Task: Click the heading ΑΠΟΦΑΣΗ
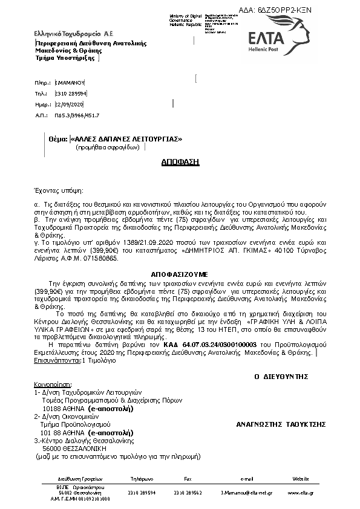180,163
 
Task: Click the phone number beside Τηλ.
71,94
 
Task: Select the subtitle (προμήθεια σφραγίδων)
108,147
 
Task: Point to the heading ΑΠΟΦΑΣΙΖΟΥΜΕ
180,274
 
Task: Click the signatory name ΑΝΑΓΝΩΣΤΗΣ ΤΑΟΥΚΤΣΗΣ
277,424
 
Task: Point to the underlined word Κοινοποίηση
53,384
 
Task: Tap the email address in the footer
246,493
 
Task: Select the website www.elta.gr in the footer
301,493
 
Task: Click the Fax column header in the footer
188,479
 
